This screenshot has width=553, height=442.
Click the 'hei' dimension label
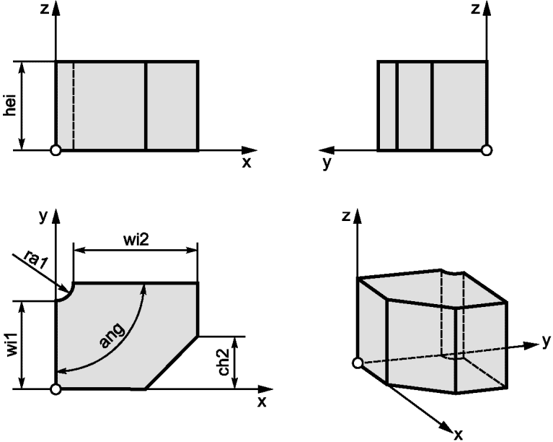[x=11, y=105]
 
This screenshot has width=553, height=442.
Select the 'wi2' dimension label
[x=136, y=240]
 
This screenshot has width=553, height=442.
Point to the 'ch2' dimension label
[x=224, y=362]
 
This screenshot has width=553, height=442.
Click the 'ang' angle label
[x=112, y=335]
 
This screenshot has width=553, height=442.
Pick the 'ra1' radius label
[x=36, y=260]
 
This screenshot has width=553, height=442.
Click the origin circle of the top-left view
[x=56, y=150]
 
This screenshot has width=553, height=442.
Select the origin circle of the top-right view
[x=487, y=150]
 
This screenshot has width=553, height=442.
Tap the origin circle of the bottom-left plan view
[x=56, y=389]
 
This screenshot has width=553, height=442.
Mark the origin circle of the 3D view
[x=358, y=363]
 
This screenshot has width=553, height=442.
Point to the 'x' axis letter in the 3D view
[x=458, y=434]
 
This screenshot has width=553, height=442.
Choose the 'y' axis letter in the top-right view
[x=327, y=162]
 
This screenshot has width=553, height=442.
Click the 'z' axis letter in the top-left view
[x=45, y=9]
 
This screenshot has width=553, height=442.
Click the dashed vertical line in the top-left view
[x=74, y=105]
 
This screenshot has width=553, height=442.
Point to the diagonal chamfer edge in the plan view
[x=172, y=363]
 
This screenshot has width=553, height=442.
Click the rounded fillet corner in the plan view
[x=67, y=295]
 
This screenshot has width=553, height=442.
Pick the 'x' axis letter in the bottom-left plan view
[x=262, y=402]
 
